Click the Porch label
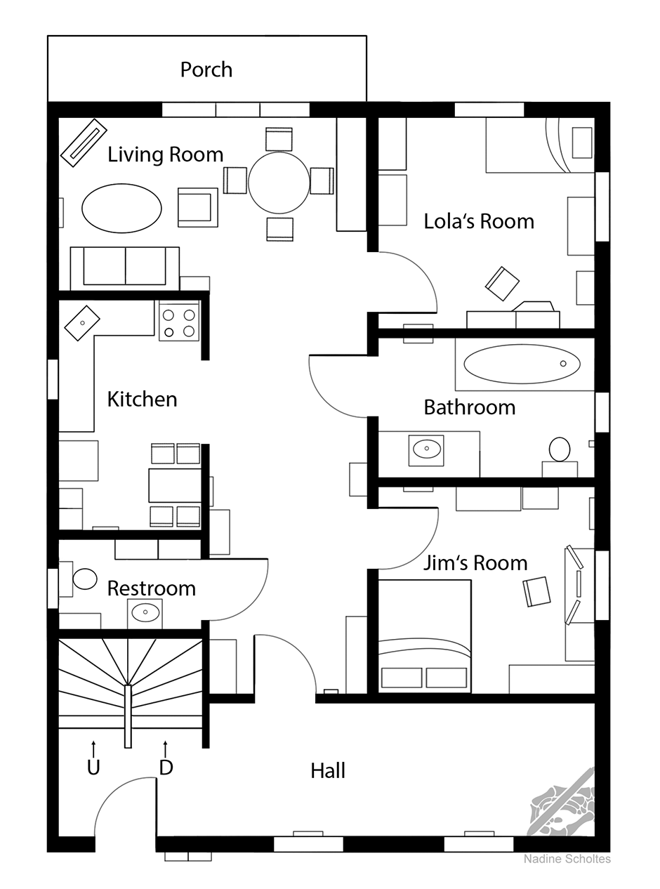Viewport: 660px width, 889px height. [x=206, y=70]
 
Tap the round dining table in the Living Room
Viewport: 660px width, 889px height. [x=279, y=183]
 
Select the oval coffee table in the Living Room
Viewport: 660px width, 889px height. [x=122, y=209]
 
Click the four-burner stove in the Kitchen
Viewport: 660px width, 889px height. [x=179, y=323]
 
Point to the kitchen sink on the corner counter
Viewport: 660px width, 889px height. [x=82, y=323]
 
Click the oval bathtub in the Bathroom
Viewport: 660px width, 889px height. [x=522, y=364]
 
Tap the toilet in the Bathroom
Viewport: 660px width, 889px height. [x=560, y=449]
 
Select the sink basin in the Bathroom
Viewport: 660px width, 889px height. [x=426, y=449]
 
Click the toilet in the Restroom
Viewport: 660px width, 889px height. [x=85, y=579]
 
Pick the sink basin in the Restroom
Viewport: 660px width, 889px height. [x=145, y=612]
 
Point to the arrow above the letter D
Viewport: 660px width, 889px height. [x=166, y=749]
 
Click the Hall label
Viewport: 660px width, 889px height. [x=328, y=770]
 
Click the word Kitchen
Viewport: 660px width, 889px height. [x=142, y=400]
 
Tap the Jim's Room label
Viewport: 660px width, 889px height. [x=475, y=562]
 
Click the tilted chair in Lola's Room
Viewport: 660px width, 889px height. [x=502, y=284]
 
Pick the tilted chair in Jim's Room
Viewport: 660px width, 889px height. [x=536, y=591]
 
